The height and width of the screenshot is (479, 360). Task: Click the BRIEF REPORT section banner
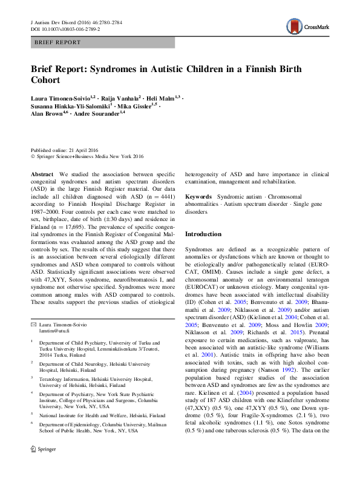103,42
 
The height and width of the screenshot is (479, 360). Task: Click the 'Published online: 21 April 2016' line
64,150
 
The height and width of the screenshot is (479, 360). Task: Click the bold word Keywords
198,197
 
